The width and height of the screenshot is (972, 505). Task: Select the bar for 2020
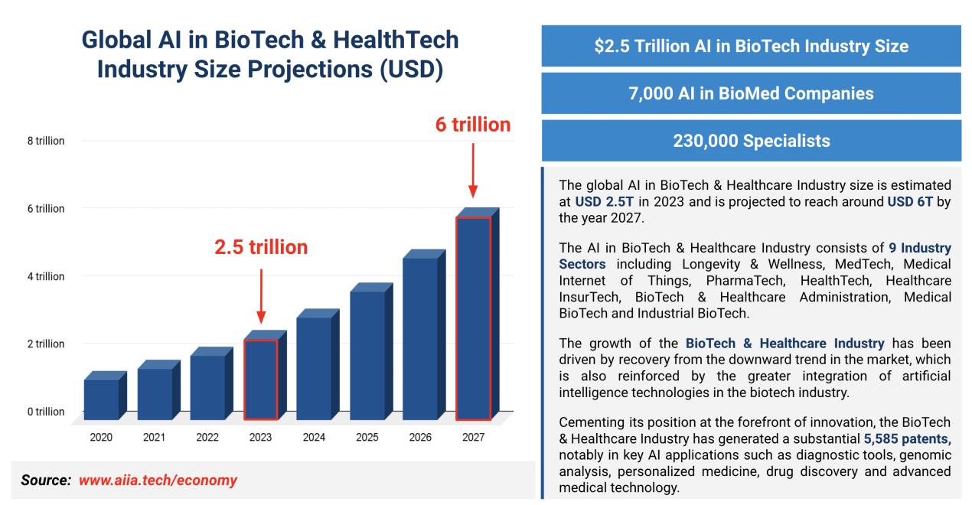[101, 399]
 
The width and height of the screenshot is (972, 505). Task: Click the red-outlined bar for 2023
[260, 379]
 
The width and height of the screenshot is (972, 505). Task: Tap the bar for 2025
[367, 355]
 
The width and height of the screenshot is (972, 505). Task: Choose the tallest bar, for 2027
[473, 318]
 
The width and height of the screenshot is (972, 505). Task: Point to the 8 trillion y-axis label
[46, 141]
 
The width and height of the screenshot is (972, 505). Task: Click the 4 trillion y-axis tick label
[46, 276]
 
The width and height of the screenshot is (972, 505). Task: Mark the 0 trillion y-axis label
[46, 412]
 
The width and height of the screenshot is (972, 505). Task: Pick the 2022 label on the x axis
[207, 438]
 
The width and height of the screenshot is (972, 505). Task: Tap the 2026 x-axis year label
[419, 438]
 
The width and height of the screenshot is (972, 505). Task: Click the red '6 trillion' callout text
[473, 125]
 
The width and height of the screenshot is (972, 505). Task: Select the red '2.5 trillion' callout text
[260, 247]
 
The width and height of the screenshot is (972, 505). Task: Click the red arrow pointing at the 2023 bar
[260, 295]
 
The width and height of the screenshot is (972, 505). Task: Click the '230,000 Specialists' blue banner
[750, 141]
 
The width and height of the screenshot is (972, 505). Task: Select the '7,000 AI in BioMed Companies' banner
[750, 93]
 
